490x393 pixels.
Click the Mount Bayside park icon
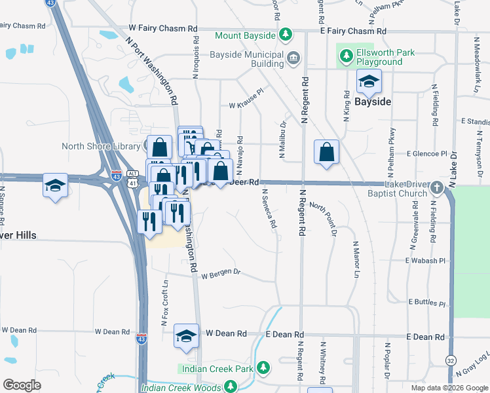285,33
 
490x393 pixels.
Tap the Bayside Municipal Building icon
293,58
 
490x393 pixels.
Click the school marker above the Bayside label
369,83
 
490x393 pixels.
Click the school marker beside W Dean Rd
186,337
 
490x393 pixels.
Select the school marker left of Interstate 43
55,185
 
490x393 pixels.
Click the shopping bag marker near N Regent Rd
326,153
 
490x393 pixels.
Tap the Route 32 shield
450,361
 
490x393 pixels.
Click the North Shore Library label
102,146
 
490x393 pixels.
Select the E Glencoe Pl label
426,154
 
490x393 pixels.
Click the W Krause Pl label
245,105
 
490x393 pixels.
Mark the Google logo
22,385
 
